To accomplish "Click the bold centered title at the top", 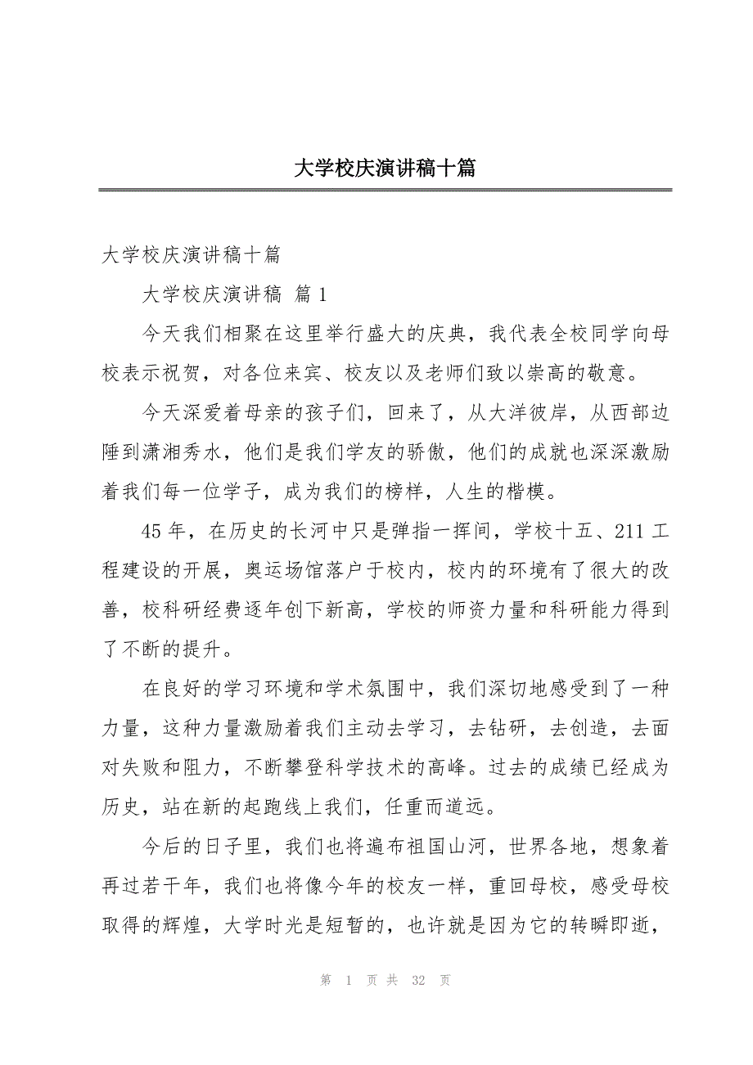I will [x=384, y=169].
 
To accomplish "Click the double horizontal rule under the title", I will [x=384, y=191].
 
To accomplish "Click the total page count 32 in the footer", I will [x=418, y=981].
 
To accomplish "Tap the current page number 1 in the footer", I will [x=349, y=981].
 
